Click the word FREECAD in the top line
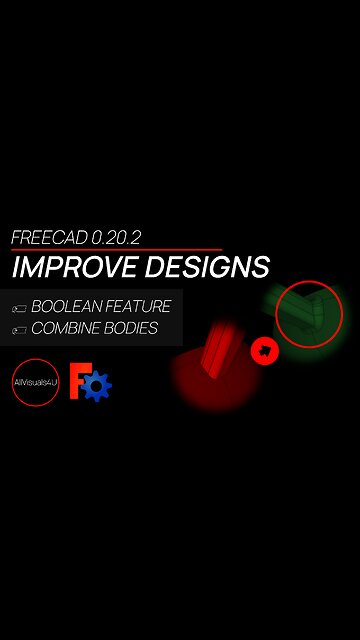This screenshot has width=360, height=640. (49, 238)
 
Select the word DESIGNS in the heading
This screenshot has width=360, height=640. (206, 267)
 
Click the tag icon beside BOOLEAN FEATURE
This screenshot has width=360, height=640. (19, 308)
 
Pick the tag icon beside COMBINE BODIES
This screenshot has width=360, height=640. (19, 329)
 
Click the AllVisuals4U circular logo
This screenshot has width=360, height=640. (36, 383)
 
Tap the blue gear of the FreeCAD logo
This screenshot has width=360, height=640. (98, 386)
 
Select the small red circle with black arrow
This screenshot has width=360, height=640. (265, 350)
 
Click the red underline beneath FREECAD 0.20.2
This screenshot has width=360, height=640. (116, 249)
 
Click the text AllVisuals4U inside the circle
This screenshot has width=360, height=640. (36, 383)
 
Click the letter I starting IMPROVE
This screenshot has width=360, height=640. (16, 267)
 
